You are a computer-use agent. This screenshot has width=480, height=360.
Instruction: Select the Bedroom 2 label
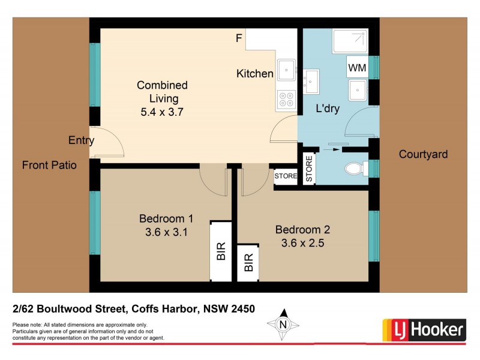tap(302, 229)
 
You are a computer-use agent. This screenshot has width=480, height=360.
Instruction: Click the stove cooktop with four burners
tap(285, 100)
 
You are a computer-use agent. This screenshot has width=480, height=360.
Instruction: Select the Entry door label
tap(81, 141)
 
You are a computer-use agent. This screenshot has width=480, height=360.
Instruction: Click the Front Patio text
tap(49, 165)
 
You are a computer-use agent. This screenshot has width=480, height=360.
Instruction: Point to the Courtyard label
tap(423, 154)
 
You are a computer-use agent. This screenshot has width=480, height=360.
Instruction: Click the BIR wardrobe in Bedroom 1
tap(220, 251)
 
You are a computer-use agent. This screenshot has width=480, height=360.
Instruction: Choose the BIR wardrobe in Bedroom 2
tap(248, 262)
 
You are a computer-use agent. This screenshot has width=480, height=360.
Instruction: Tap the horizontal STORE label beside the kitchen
tap(286, 176)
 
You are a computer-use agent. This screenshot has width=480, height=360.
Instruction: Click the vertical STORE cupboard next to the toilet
tap(309, 169)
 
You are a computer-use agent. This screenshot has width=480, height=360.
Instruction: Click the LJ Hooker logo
tap(424, 329)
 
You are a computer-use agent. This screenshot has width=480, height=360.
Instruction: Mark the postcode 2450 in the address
tap(243, 310)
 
